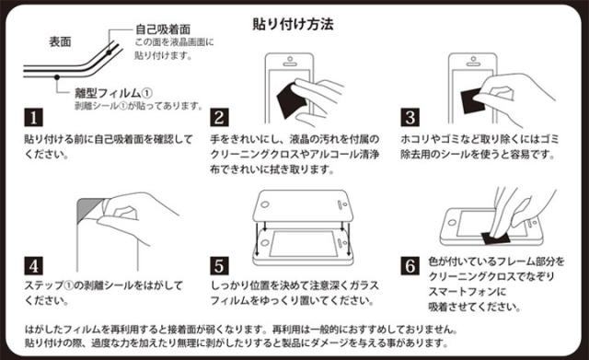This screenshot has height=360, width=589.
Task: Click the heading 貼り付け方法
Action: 293,25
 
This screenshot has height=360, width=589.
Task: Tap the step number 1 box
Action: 33,118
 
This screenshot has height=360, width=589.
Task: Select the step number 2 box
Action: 219,118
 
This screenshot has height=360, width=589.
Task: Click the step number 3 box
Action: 410,118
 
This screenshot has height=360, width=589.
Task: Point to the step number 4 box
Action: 33,266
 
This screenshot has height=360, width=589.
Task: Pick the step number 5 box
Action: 219,266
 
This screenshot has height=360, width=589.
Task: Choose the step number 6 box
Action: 410,266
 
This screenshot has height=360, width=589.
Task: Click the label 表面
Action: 60,41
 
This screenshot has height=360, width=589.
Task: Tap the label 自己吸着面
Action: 163,29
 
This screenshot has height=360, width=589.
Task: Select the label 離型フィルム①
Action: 113,93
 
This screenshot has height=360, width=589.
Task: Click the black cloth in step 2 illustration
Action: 291,100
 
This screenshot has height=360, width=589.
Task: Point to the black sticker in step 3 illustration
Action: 472,100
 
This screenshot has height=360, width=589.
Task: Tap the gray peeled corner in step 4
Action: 87,210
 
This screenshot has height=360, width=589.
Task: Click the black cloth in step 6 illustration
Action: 496,238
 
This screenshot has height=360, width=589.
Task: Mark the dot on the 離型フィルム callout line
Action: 57,77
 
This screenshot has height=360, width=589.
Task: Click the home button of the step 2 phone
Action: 290,59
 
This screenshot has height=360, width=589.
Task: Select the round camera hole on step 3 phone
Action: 473,59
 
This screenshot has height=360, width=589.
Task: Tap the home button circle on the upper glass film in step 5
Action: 265,205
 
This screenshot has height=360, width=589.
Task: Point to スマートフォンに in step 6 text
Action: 467,292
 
